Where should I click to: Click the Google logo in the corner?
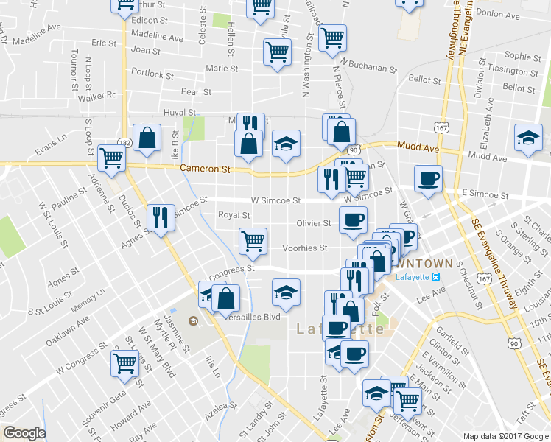pyautogui.click(x=24, y=433)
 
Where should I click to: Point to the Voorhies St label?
pyautogui.click(x=306, y=248)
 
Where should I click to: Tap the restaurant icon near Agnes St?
pyautogui.click(x=161, y=217)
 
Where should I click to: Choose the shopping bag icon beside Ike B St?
pyautogui.click(x=147, y=137)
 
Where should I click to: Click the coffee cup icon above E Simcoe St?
pyautogui.click(x=427, y=178)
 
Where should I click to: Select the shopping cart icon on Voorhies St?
pyautogui.click(x=253, y=240)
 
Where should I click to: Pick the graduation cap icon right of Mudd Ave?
pyautogui.click(x=528, y=138)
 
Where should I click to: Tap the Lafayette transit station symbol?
pyautogui.click(x=436, y=277)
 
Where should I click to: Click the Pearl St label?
pyautogui.click(x=197, y=92)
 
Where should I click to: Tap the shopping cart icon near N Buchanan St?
pyautogui.click(x=332, y=36)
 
